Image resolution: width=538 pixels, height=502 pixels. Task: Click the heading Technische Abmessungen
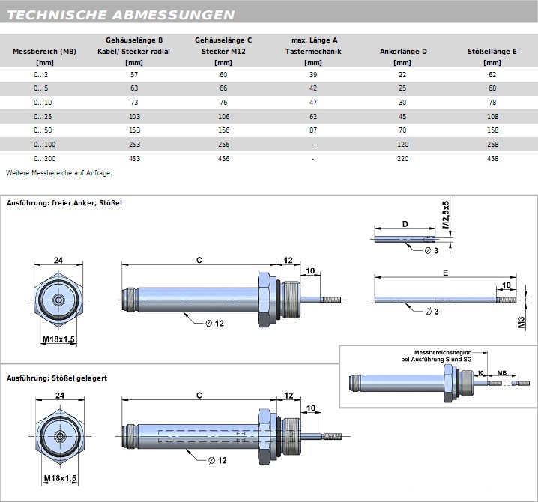coord(121,15)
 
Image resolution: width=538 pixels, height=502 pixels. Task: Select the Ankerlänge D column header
coord(403,52)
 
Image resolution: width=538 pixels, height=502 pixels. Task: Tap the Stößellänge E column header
coord(492,52)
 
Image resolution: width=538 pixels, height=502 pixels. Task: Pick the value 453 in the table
coord(134,158)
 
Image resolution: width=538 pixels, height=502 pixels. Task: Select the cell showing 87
coord(312,130)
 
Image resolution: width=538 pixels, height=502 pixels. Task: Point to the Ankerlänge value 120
coord(403,145)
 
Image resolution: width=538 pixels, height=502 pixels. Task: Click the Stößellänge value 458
coord(492,158)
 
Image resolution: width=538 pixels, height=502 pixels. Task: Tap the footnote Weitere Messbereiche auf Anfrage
coord(58,173)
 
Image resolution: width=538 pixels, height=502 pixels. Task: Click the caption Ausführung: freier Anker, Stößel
coord(64,203)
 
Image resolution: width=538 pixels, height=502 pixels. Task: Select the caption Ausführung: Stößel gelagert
coord(56,378)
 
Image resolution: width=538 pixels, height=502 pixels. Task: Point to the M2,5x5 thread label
coord(445,214)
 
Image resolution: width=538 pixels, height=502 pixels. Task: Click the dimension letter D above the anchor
coord(405,223)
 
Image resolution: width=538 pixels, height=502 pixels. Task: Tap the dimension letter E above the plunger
coord(445,274)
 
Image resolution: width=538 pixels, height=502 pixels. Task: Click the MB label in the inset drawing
coord(501,372)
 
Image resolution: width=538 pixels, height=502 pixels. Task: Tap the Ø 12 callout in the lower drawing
coord(217,460)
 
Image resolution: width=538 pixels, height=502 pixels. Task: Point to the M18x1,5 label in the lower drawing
coord(59,478)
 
